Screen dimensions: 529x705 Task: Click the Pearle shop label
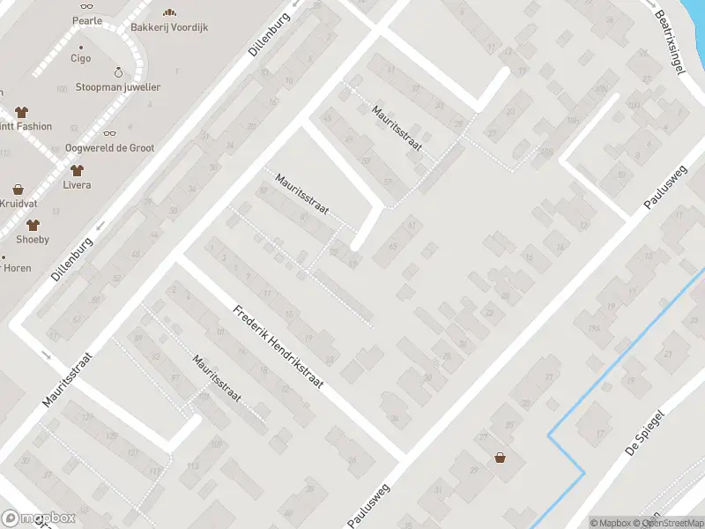tap(87, 20)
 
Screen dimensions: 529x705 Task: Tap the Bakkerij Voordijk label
tap(169, 27)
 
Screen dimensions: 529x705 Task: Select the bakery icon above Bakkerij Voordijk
tap(169, 11)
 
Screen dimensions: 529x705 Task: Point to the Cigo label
tap(80, 58)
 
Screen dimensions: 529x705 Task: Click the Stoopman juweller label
tap(118, 87)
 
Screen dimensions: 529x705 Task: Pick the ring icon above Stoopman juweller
tap(118, 71)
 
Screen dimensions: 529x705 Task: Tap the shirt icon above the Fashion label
tap(21, 111)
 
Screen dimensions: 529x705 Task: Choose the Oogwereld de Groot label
tap(109, 148)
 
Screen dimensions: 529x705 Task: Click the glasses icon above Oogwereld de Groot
tap(109, 132)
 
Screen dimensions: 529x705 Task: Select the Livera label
tap(77, 185)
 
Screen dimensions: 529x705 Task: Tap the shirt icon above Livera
tap(77, 169)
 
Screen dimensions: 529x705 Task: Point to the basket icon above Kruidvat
tap(18, 189)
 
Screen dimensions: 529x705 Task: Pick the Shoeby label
tap(33, 239)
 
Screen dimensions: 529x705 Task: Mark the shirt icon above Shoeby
tap(33, 224)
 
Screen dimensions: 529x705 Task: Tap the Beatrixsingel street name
tap(670, 41)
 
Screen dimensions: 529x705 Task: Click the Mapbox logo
tap(37, 518)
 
